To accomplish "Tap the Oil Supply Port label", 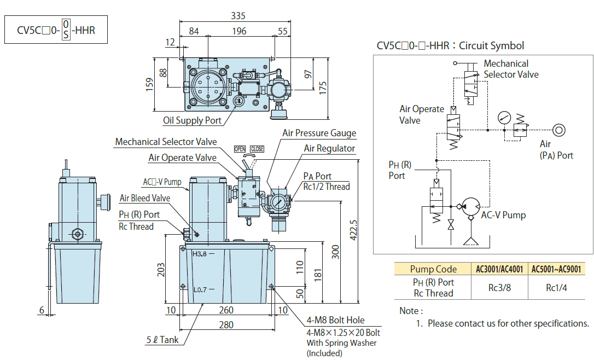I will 192,120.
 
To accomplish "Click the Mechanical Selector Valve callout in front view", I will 166,142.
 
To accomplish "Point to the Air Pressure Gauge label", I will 319,133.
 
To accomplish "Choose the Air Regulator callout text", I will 329,148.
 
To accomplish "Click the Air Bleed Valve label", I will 144,198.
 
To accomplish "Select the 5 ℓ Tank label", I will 162,340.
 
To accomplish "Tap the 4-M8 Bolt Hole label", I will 335,320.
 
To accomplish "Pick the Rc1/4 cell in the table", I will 556,287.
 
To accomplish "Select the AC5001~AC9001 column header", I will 556,269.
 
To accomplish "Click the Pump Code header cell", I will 433,269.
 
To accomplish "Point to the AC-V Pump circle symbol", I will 469,206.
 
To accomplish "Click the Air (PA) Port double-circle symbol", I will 558,130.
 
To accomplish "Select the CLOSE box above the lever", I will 257,149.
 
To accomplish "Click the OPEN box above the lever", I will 240,149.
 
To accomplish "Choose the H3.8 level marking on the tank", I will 200,253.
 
